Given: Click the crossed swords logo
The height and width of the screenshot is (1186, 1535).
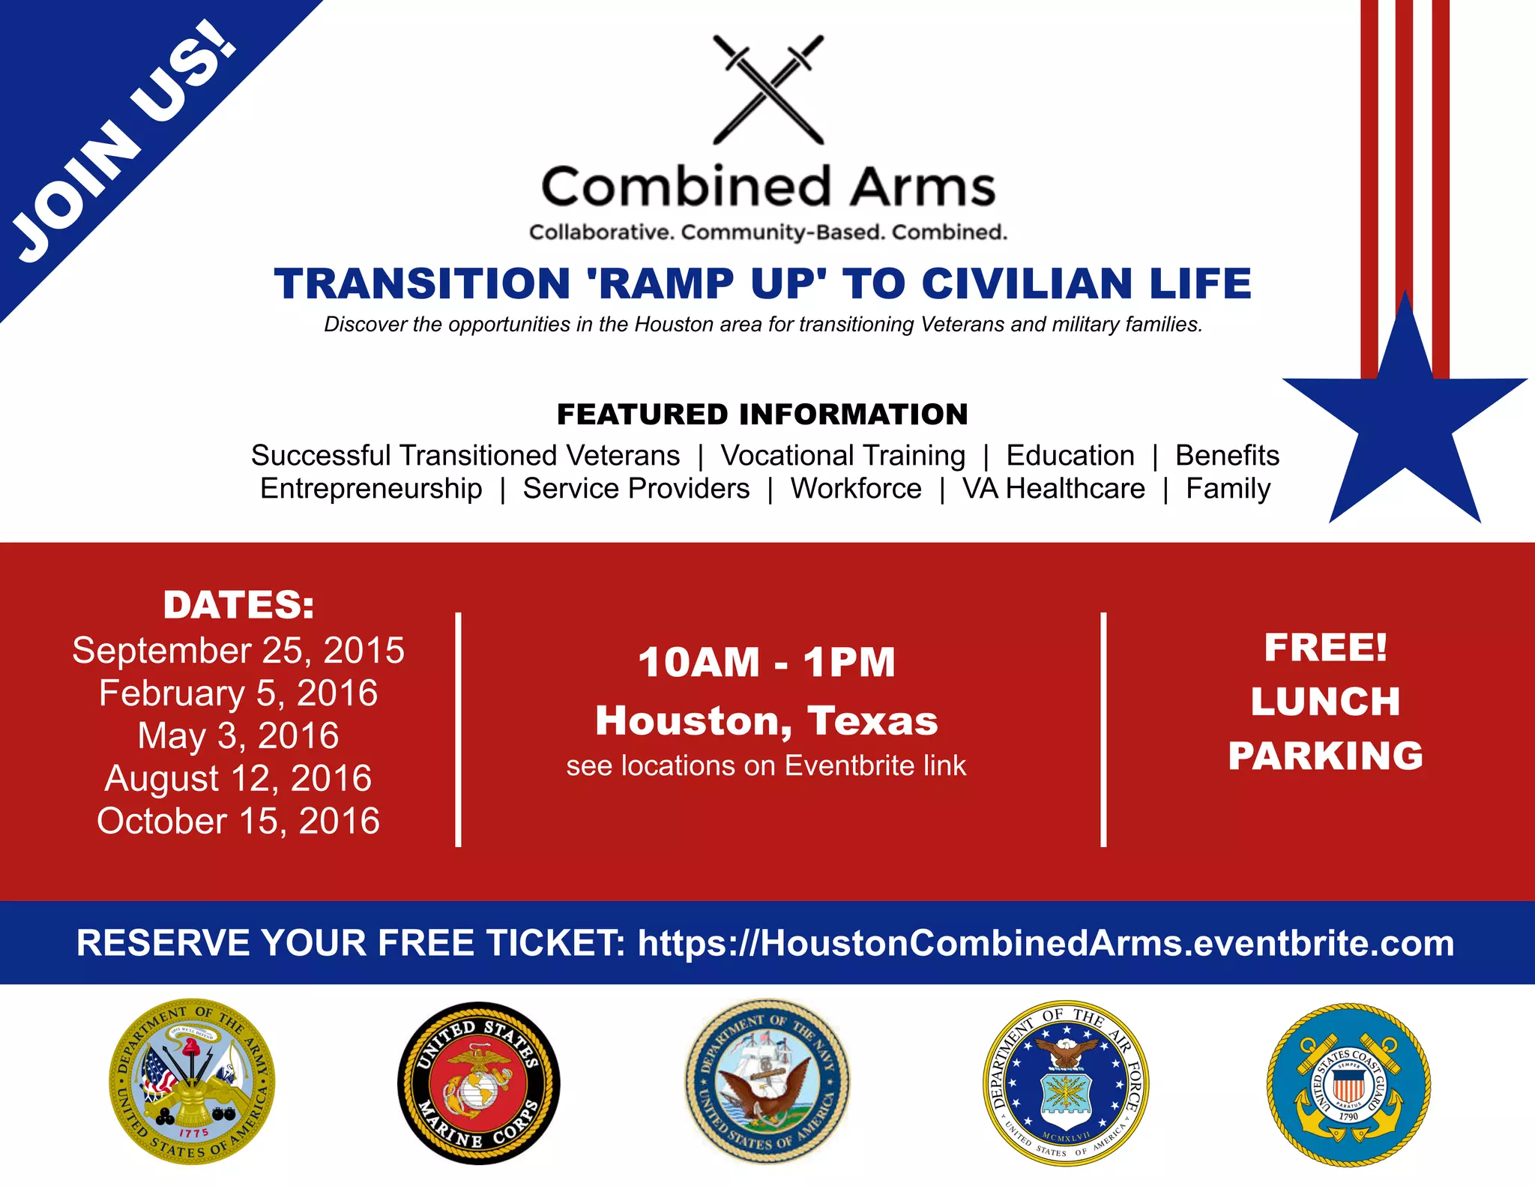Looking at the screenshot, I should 767,89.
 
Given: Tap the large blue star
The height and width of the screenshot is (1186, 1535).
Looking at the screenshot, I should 1405,420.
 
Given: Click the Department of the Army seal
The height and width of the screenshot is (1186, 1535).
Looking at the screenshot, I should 192,1081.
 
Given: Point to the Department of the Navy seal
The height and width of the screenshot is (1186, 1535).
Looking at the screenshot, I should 767,1081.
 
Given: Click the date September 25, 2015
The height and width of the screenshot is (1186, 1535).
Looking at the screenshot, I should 238,650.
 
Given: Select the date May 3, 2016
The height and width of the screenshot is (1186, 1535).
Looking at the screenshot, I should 238,735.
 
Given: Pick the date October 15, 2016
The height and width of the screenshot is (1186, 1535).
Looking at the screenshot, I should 238,821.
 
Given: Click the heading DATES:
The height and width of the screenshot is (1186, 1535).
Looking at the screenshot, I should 238,605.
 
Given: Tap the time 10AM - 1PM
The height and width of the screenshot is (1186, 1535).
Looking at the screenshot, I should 767,663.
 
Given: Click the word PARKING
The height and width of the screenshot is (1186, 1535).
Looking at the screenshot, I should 1325,756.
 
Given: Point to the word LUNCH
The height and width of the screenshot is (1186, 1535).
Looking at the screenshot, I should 1325,702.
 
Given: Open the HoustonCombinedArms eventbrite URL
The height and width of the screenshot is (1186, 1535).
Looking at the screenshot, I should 1046,943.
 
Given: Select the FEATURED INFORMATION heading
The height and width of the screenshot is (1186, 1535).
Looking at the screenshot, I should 762,415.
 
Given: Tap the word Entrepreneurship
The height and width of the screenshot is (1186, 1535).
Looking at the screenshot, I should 371,489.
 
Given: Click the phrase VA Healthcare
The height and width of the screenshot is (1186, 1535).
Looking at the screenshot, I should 1054,489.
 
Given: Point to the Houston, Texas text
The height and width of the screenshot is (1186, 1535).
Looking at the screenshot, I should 767,720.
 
